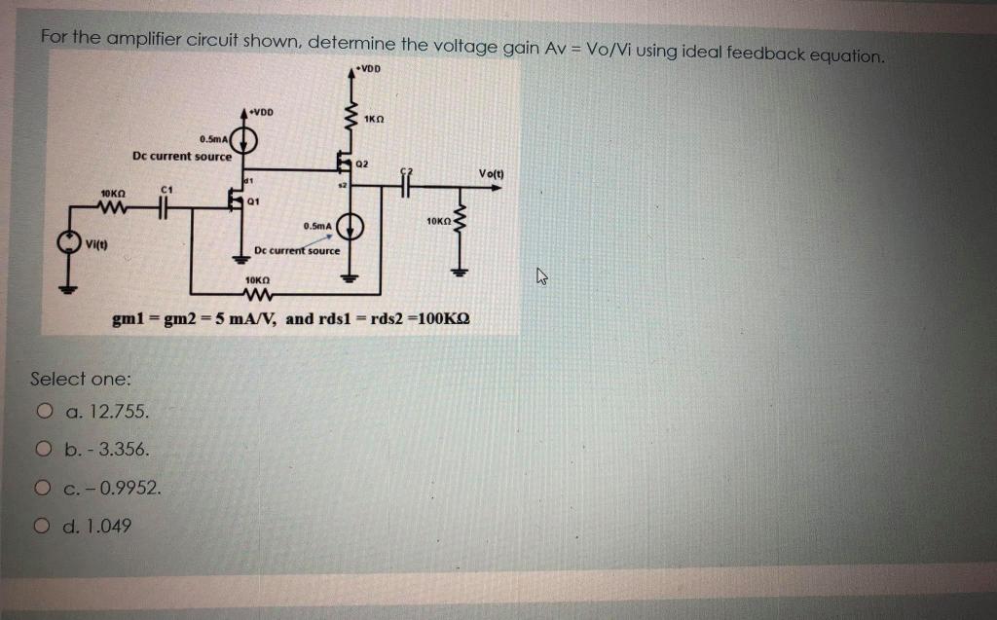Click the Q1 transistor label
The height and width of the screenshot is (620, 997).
pyautogui.click(x=252, y=201)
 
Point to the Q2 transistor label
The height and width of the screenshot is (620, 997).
pyautogui.click(x=362, y=164)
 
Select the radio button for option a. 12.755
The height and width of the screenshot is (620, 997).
pyautogui.click(x=43, y=412)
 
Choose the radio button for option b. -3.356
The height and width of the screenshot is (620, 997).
pyautogui.click(x=43, y=450)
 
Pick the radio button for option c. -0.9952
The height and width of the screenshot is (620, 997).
pyautogui.click(x=43, y=488)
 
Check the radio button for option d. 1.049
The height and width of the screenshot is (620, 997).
pyautogui.click(x=43, y=526)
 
